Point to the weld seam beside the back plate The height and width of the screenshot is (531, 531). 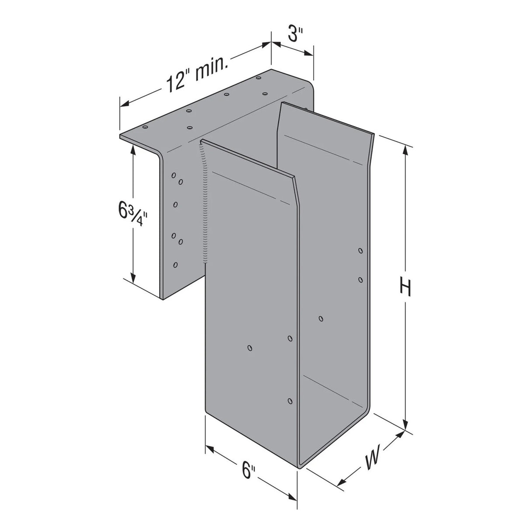click(204, 201)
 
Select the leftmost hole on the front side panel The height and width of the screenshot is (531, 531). click(250, 348)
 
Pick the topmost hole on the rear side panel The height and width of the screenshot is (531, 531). click(360, 251)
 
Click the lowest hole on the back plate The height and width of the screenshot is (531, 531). click(176, 265)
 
